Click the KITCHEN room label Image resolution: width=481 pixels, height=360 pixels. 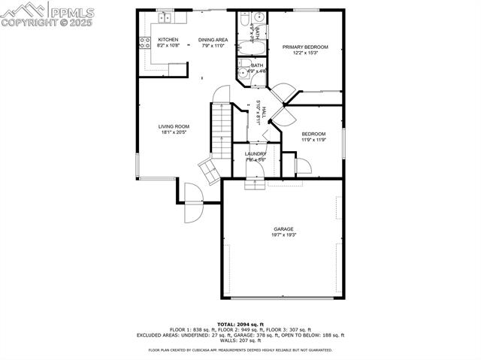[168, 39]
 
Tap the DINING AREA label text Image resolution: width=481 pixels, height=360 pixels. [213, 39]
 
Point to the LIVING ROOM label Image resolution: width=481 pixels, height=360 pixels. [174, 126]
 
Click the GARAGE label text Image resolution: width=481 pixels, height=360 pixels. [283, 229]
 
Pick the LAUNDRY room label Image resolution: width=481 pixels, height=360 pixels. [256, 153]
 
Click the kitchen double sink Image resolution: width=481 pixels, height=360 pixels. [163, 17]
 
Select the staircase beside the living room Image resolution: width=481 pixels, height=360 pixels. [220, 131]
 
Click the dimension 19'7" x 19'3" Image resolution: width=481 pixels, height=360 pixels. [283, 235]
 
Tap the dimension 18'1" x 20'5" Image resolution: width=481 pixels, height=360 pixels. [174, 132]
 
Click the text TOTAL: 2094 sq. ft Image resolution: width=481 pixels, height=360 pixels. [240, 323]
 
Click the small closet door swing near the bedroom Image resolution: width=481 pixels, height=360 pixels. [304, 167]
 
